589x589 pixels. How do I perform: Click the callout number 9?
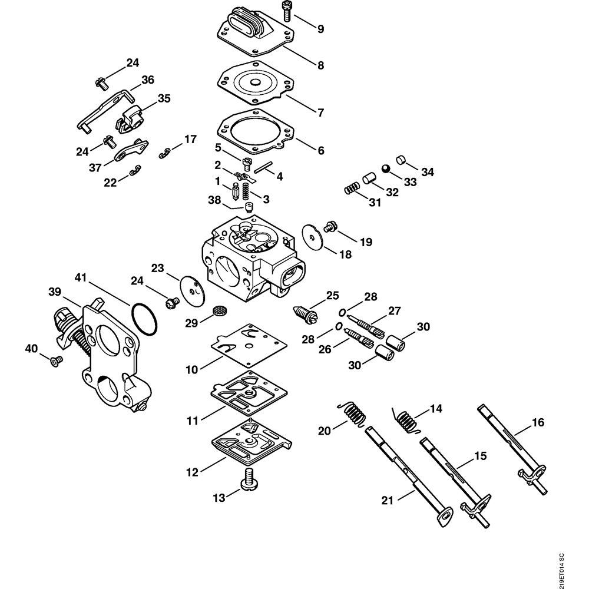[x=320, y=28]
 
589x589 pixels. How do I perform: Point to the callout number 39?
[x=55, y=292]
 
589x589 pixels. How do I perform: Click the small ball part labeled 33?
[x=385, y=168]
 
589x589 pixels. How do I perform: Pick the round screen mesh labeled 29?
[x=219, y=309]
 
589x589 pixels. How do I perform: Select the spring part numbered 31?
[x=351, y=189]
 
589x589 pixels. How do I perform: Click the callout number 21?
[x=387, y=500]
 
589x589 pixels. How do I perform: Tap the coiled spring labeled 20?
[x=354, y=412]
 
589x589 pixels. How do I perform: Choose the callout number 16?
[x=538, y=422]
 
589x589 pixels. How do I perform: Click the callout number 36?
[x=147, y=80]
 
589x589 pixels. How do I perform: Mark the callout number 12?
[x=193, y=472]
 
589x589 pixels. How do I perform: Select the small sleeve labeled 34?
[x=401, y=160]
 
